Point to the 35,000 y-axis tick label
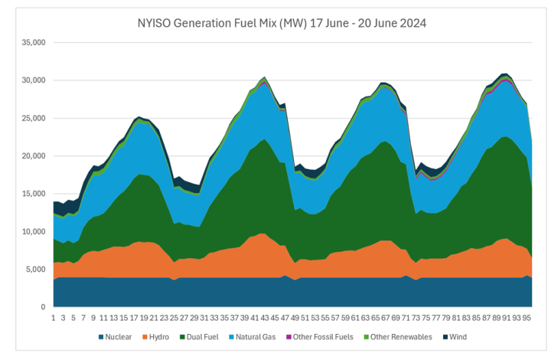click(x=34, y=43)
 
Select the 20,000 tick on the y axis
click(x=34, y=156)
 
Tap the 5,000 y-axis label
click(x=35, y=270)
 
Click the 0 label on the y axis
click(x=43, y=307)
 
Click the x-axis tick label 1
click(x=54, y=318)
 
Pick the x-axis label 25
click(x=174, y=318)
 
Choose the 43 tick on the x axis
click(x=265, y=318)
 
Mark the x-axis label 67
click(x=386, y=318)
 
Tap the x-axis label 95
click(x=527, y=318)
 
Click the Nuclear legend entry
click(x=115, y=337)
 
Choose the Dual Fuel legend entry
click(x=199, y=337)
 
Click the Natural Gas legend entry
click(x=253, y=337)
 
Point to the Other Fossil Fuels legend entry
click(x=320, y=337)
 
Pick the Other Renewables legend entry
click(x=398, y=337)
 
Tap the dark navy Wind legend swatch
click(x=445, y=337)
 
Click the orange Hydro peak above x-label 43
click(x=262, y=234)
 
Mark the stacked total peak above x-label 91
click(x=505, y=74)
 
